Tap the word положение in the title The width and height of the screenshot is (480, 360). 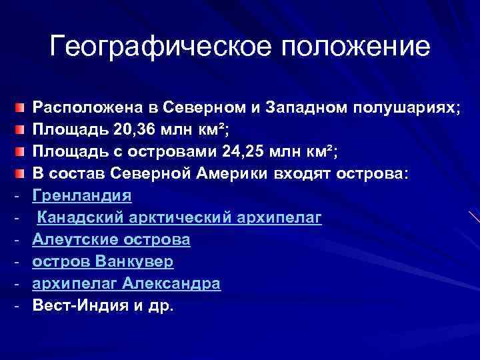pos(355,47)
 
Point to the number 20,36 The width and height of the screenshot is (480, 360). pos(115,129)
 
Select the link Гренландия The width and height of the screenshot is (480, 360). pos(82,195)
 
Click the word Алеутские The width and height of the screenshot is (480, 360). pos(75,239)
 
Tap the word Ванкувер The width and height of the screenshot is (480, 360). pos(137,261)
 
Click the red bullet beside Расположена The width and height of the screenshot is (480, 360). pos(22,107)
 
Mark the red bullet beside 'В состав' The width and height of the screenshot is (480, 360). pos(22,174)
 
